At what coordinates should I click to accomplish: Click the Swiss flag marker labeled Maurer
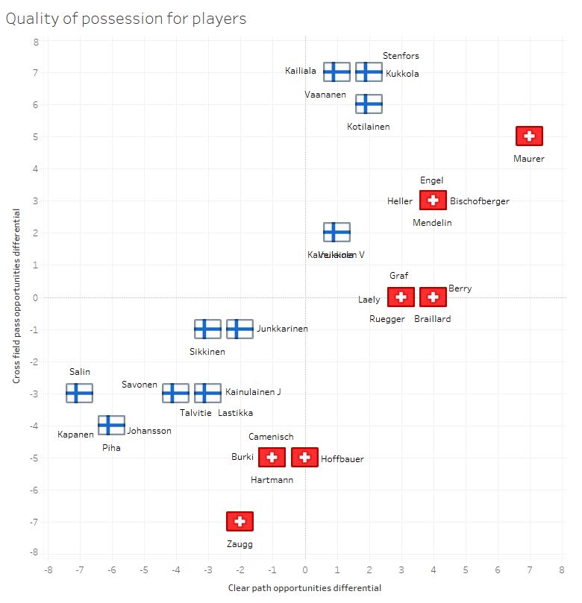pyautogui.click(x=529, y=136)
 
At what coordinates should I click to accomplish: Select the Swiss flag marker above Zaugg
pyautogui.click(x=240, y=522)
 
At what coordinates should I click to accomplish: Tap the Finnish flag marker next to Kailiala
pyautogui.click(x=337, y=72)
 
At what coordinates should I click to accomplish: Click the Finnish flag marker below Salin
pyautogui.click(x=79, y=393)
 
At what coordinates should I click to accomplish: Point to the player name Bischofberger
pyautogui.click(x=479, y=201)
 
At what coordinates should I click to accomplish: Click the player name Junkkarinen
pyautogui.click(x=282, y=329)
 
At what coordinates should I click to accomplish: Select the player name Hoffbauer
pyautogui.click(x=342, y=459)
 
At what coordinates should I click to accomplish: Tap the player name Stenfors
pyautogui.click(x=401, y=56)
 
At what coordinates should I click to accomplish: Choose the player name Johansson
pyautogui.click(x=149, y=431)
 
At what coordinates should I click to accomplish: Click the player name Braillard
pyautogui.click(x=432, y=319)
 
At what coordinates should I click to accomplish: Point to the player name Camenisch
pyautogui.click(x=272, y=437)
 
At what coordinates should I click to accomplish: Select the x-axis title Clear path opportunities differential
pyautogui.click(x=304, y=588)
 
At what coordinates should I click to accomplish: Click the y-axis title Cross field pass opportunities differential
pyautogui.click(x=16, y=297)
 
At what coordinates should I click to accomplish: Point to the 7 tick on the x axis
pyautogui.click(x=529, y=570)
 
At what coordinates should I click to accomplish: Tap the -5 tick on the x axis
pyautogui.click(x=143, y=570)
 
